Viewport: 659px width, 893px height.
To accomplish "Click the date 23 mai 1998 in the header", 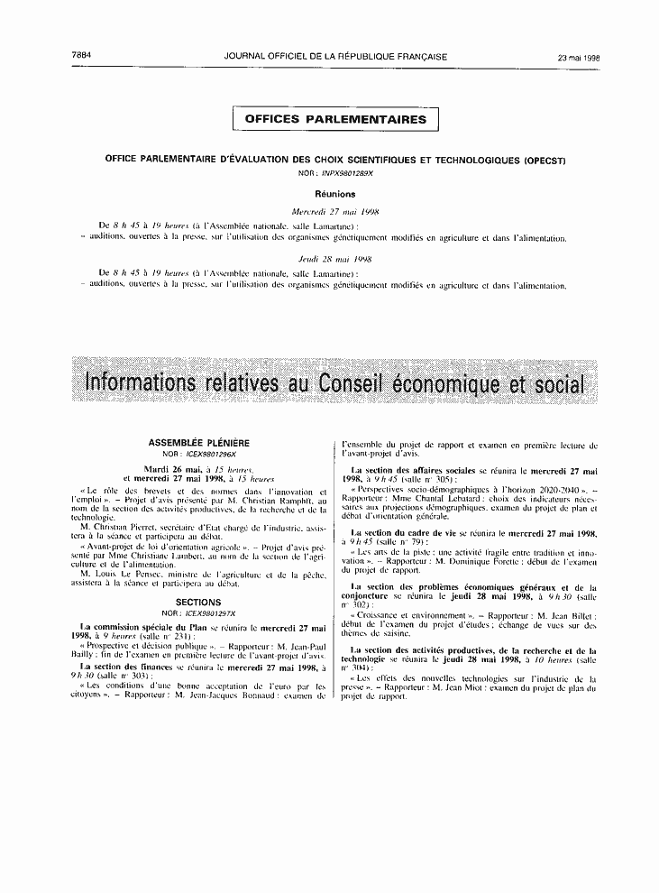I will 579,57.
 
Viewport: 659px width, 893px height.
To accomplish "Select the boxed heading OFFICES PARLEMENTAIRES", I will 335,119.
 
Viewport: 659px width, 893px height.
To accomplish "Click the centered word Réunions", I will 334,194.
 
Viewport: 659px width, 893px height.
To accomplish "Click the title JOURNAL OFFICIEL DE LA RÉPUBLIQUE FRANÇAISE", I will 335,56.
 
